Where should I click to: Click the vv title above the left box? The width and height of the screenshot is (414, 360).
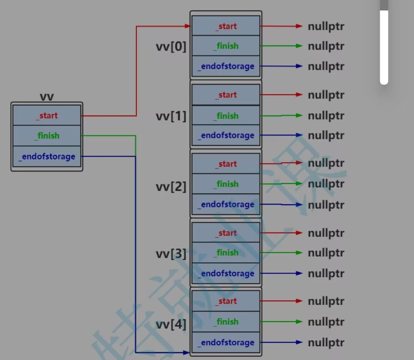(47, 97)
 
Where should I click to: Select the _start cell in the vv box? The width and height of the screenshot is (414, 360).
(47, 115)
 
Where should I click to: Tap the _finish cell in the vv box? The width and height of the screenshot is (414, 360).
(47, 136)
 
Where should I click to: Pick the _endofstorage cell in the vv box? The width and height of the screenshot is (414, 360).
(47, 157)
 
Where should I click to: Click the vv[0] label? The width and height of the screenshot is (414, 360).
(171, 47)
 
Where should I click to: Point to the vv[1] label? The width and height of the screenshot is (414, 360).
(171, 116)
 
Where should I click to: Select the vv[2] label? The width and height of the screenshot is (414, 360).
(171, 187)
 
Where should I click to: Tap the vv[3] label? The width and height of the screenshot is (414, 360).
(171, 254)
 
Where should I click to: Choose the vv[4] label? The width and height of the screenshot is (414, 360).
(171, 325)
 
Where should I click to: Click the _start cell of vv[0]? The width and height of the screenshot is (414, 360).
(226, 26)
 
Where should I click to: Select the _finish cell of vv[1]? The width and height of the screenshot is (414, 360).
(226, 115)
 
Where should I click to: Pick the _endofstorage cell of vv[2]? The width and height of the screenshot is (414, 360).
(226, 204)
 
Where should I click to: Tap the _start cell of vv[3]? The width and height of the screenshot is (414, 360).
(226, 233)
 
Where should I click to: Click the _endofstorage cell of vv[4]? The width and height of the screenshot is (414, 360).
(226, 342)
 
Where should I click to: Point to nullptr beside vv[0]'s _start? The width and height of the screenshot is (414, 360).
(326, 27)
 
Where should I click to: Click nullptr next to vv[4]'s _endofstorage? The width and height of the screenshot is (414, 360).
(326, 343)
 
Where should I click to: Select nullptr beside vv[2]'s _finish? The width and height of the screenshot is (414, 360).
(326, 184)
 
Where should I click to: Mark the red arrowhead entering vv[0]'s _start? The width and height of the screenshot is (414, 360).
(187, 26)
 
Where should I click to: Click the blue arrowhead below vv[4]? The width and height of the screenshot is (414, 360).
(186, 352)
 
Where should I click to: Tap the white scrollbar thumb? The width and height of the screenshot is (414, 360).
(384, 46)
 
